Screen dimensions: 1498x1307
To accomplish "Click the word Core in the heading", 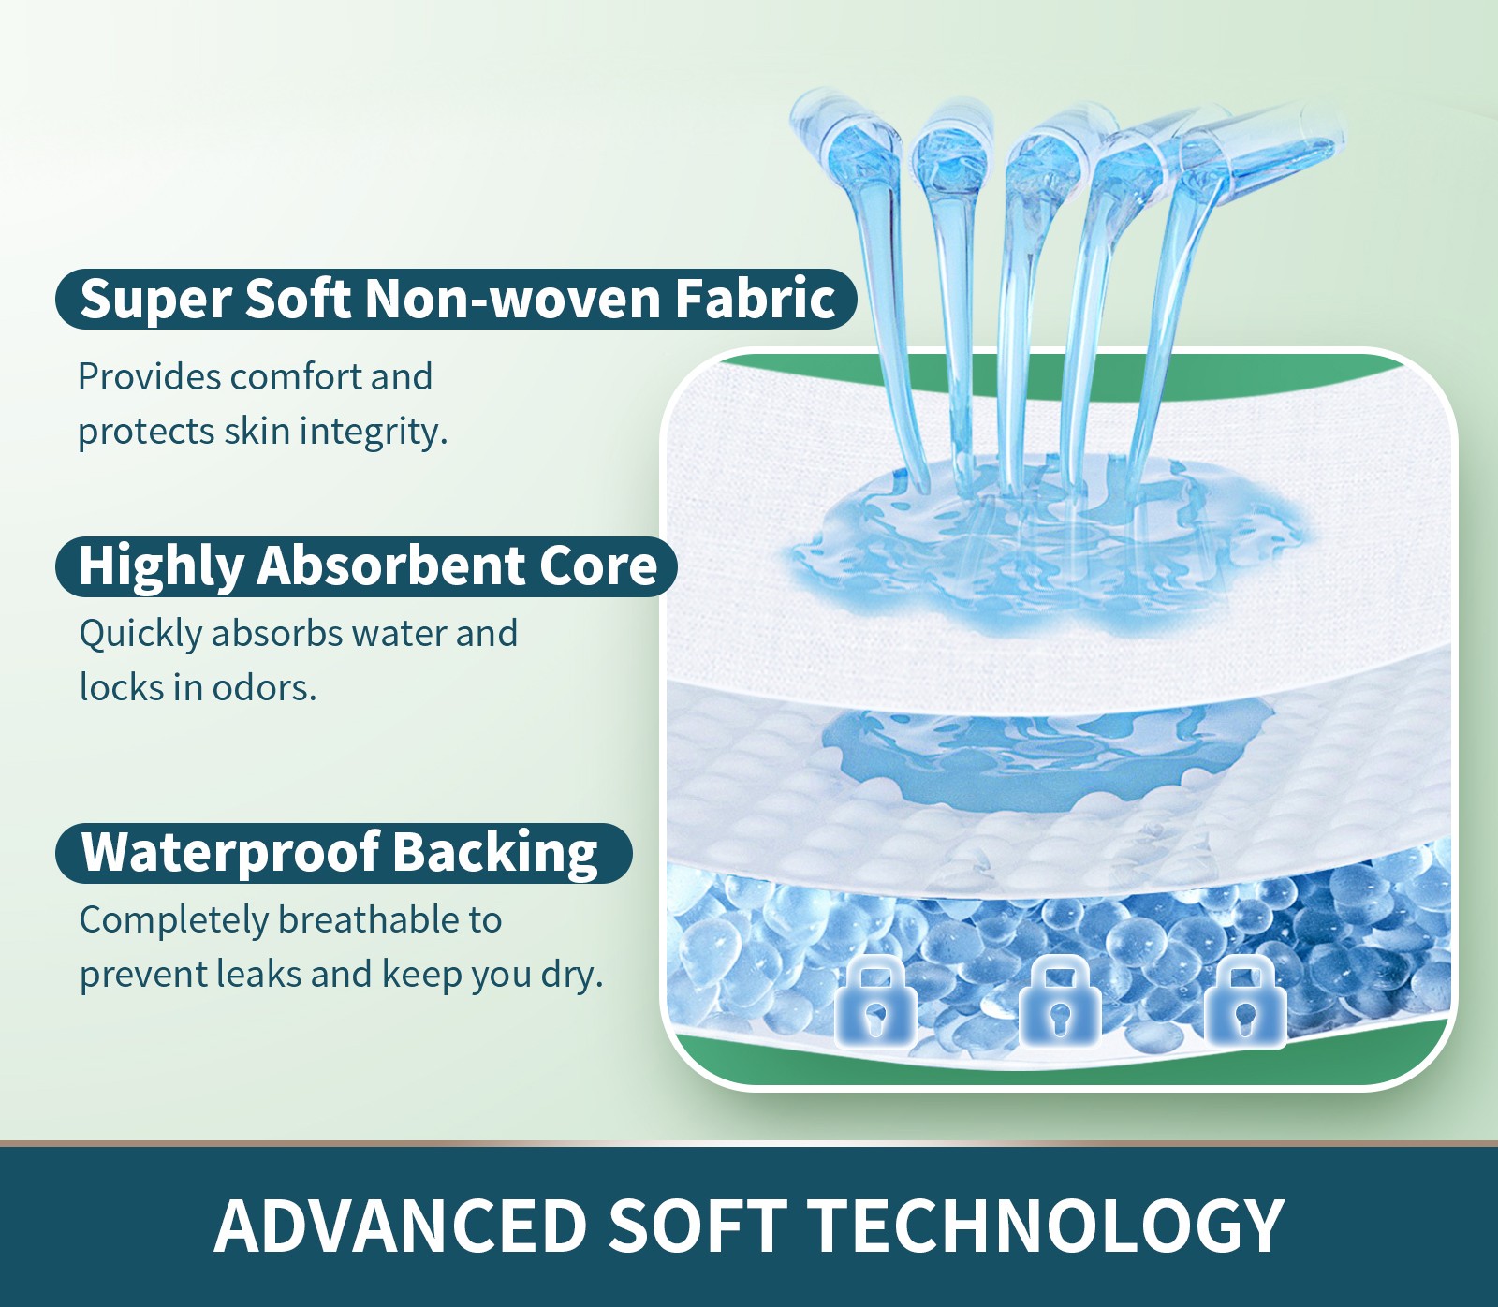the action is point(598,566).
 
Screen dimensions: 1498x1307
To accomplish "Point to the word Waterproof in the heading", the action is point(230,853).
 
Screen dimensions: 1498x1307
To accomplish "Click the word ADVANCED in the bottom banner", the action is point(400,1226).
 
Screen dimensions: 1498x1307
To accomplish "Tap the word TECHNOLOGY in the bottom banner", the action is point(1046,1226).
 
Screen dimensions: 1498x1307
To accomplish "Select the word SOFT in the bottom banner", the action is point(698,1226).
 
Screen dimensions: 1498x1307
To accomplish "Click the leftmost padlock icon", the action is point(875,1001).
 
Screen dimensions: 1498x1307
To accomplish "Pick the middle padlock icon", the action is point(1059,1001).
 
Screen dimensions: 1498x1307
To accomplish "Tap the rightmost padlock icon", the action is point(1244,1001).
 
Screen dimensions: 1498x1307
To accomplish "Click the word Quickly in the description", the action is point(140,635).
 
